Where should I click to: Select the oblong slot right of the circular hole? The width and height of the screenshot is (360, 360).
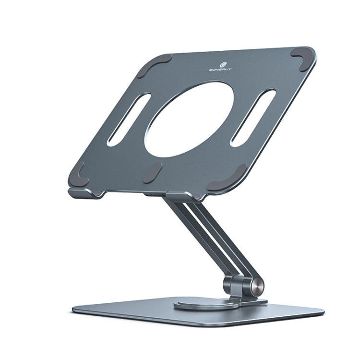click(x=253, y=117)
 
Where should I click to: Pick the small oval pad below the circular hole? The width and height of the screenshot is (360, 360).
click(x=153, y=172)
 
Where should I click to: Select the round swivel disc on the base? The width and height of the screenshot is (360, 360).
click(x=202, y=305)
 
